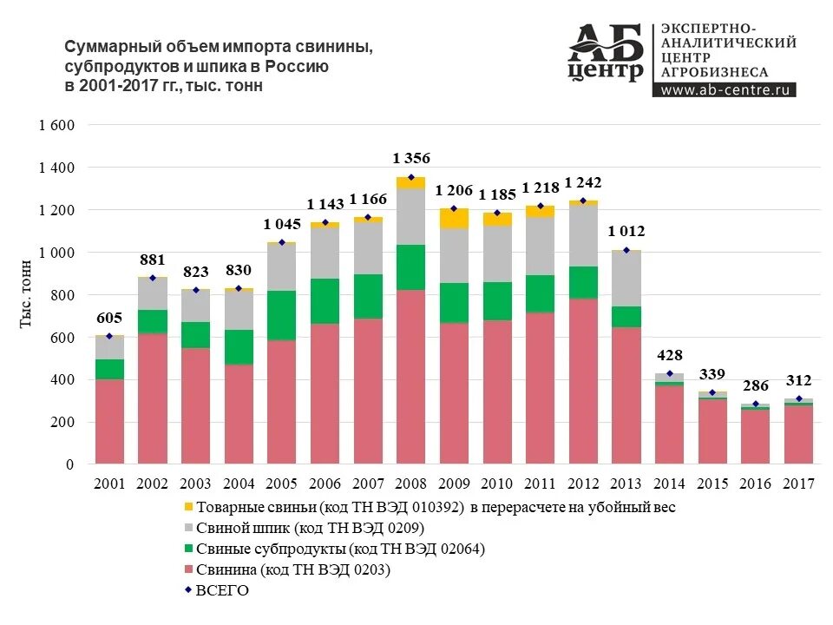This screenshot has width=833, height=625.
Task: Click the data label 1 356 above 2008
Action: click(x=411, y=158)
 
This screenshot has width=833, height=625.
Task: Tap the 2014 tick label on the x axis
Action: click(x=669, y=484)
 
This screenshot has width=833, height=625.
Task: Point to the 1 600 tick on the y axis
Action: click(x=57, y=125)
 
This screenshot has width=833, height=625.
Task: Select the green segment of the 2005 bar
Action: click(x=282, y=315)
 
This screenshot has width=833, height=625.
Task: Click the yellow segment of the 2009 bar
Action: click(x=454, y=218)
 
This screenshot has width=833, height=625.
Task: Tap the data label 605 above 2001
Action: click(x=109, y=318)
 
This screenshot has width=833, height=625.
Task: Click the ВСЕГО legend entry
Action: click(x=222, y=591)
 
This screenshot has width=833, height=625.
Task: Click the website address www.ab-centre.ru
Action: click(x=723, y=89)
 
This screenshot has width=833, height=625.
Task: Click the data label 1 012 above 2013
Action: click(x=626, y=232)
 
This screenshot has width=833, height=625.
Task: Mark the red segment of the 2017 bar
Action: click(x=798, y=435)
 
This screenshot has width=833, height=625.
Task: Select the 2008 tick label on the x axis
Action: click(x=411, y=484)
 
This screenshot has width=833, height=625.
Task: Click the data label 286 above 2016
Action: click(x=756, y=386)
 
